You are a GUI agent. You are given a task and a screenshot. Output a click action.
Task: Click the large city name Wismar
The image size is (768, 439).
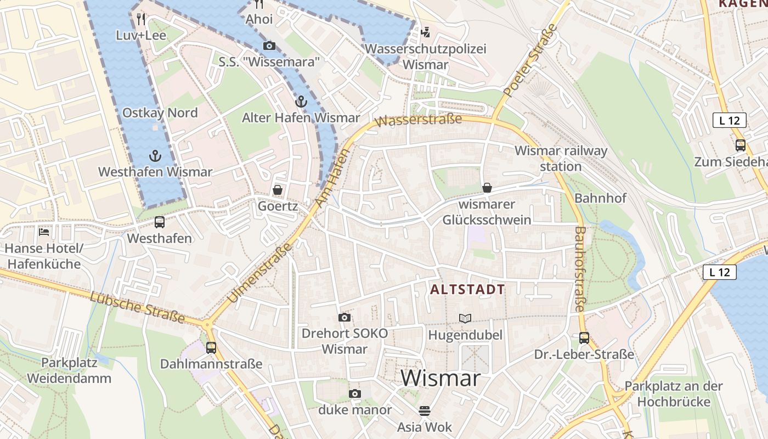pyautogui.click(x=441, y=378)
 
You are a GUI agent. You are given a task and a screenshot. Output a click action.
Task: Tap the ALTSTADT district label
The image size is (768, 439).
pyautogui.click(x=467, y=290)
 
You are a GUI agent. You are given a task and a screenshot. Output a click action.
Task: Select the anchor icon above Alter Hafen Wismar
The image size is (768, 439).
pyautogui.click(x=301, y=102)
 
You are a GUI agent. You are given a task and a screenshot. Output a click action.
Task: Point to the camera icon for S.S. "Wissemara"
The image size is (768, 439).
pyautogui.click(x=269, y=46)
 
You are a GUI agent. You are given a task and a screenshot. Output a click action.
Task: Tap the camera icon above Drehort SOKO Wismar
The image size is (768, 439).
pyautogui.click(x=345, y=317)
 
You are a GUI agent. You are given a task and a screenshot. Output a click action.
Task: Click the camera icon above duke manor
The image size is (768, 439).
pyautogui.click(x=355, y=393)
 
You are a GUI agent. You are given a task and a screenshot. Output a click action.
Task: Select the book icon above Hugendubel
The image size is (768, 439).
pyautogui.click(x=465, y=318)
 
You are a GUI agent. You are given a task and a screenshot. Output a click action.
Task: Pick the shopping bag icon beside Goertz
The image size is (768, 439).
pyautogui.click(x=278, y=190)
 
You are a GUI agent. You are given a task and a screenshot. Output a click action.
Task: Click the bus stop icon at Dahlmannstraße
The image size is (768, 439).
pyautogui.click(x=211, y=347)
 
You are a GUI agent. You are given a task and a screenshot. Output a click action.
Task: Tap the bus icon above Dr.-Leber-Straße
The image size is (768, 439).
pyautogui.click(x=584, y=337)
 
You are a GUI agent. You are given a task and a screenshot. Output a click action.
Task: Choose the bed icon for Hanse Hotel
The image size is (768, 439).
pyautogui.click(x=44, y=232)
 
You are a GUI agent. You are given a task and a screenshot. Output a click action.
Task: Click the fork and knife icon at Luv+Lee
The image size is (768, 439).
pyautogui.click(x=141, y=19)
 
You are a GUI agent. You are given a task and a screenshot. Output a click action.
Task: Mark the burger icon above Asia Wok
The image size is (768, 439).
pyautogui.click(x=424, y=410)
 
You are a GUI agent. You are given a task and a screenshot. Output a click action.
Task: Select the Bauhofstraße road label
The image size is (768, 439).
pyautogui.click(x=580, y=269)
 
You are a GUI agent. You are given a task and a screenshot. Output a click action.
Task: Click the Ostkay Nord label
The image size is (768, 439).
pyautogui.click(x=160, y=112)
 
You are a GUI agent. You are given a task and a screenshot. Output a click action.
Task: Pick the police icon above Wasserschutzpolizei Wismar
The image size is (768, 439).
pyautogui.click(x=425, y=32)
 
